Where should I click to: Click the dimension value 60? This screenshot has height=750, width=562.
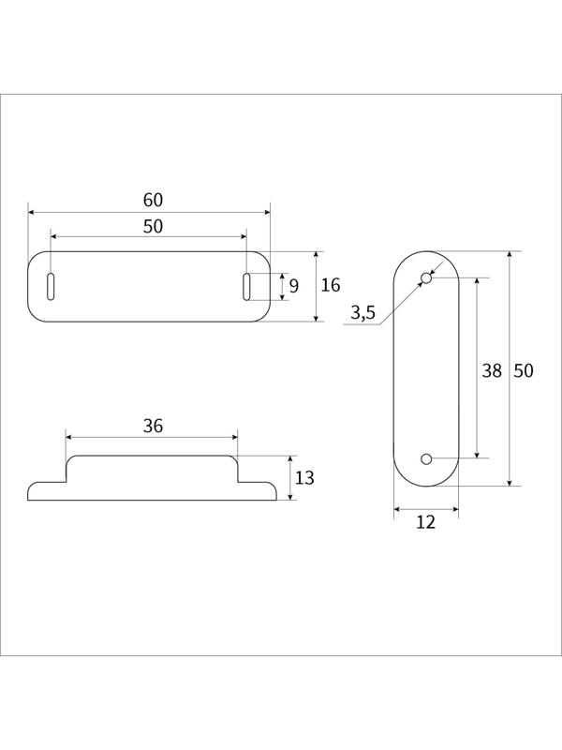coord(153,200)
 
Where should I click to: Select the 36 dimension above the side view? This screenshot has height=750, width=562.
coord(153,426)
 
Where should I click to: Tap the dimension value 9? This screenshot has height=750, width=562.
coord(293,286)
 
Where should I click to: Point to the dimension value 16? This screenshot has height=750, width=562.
coord(331,286)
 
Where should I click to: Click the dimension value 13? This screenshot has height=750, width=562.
coord(304,478)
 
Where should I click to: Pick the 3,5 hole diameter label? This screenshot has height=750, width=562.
coord(363,314)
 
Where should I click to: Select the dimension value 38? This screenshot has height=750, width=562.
coord(492,370)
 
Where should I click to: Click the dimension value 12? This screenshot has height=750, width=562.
coord(425,522)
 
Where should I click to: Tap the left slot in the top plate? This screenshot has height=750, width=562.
coord(51,286)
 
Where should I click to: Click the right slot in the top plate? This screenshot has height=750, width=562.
coord(246,286)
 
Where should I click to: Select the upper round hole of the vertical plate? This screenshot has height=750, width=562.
coord(426,278)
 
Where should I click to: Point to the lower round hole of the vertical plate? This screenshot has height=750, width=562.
coord(426,458)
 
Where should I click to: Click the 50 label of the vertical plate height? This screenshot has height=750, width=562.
coord(524,370)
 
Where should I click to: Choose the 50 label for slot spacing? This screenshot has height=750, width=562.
coord(153,226)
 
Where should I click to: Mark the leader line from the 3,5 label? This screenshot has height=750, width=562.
coord(401,299)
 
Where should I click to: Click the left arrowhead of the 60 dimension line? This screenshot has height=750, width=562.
coord(32,213)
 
